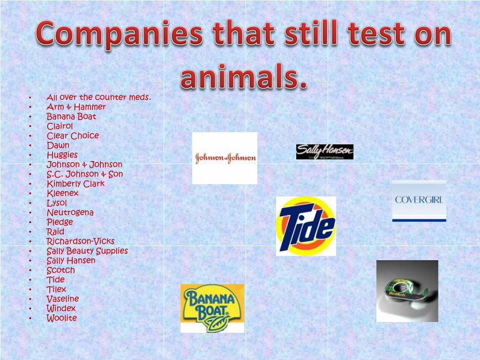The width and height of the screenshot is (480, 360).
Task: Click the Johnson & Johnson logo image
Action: click(225, 158)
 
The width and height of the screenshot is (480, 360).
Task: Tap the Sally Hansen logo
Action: click(324, 152)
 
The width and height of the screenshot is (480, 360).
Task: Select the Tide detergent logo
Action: click(306, 226)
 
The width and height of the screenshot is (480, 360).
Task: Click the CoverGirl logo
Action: click(419, 201)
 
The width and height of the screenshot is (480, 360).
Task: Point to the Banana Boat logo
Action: click(212, 308)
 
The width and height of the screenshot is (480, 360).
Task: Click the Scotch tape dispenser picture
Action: click(407, 291)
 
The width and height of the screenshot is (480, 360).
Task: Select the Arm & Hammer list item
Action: click(76, 107)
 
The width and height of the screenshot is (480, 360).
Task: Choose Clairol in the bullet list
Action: click(60, 126)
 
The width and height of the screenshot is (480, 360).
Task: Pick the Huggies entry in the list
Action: click(62, 155)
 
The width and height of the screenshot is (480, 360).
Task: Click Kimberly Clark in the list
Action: click(75, 184)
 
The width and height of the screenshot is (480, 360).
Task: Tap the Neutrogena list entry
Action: click(70, 212)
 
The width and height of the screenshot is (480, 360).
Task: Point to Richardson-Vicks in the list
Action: click(80, 241)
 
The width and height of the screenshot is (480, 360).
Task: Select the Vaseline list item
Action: click(62, 299)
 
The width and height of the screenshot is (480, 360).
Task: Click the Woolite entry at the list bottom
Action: click(61, 318)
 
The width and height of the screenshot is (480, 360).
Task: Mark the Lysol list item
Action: click(57, 203)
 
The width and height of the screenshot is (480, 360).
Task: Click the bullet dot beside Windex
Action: click(30, 309)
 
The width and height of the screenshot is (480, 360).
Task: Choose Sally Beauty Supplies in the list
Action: click(87, 251)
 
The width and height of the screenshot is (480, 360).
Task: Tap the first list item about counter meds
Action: click(98, 97)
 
